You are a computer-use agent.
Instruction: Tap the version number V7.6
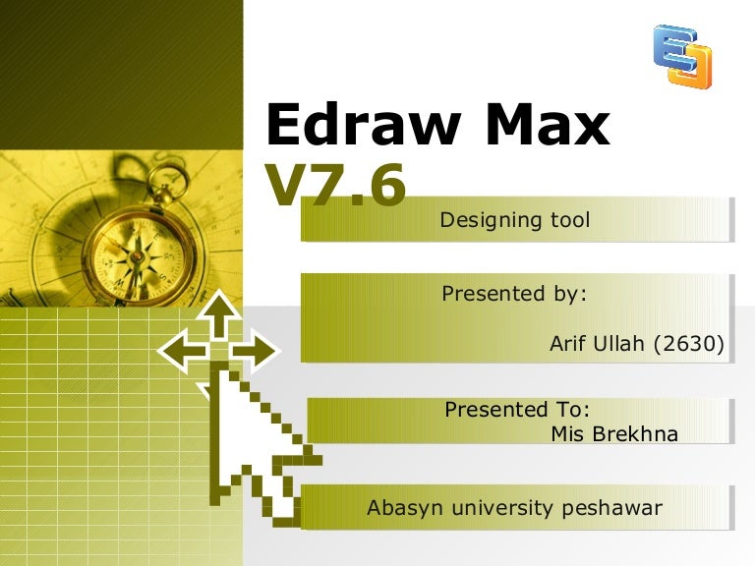(x=334, y=187)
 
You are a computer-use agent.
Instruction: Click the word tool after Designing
(x=571, y=220)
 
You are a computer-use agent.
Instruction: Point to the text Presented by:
(x=513, y=294)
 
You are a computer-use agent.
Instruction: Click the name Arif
(x=570, y=344)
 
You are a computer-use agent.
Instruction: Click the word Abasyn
(x=402, y=508)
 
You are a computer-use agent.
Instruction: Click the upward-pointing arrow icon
(x=221, y=317)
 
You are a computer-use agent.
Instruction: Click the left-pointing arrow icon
(x=182, y=350)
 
